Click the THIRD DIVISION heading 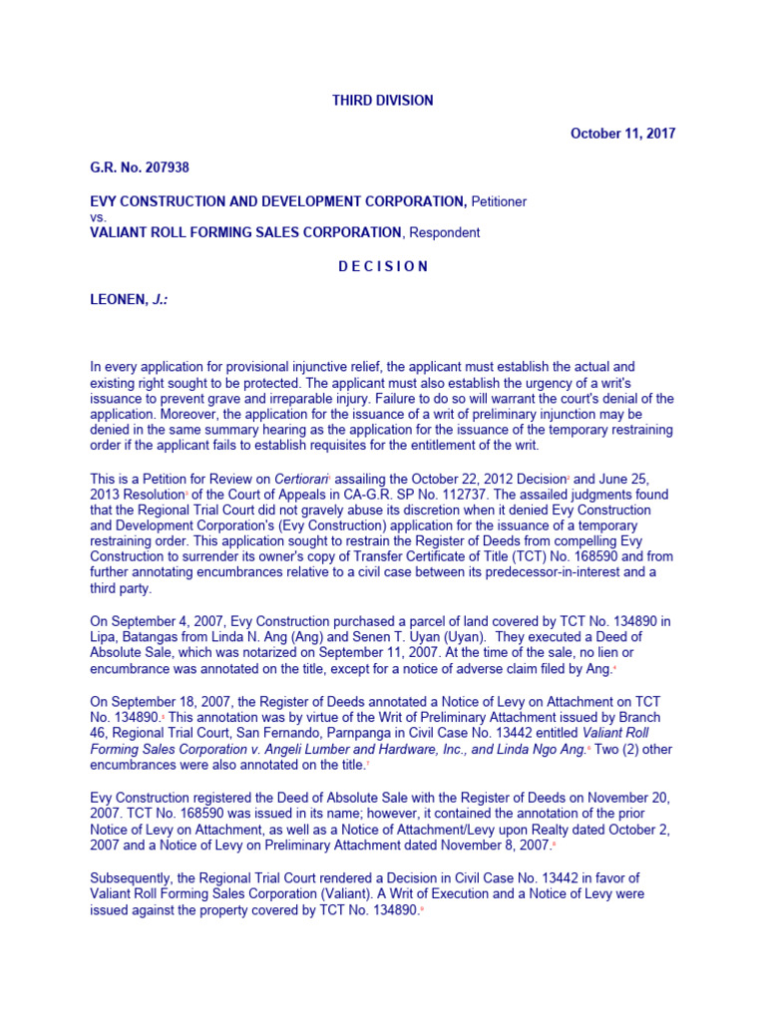click(x=382, y=100)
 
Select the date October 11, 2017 click(x=622, y=134)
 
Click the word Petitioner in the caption click(x=499, y=201)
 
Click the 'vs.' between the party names click(x=98, y=216)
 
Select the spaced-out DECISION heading click(x=382, y=266)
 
